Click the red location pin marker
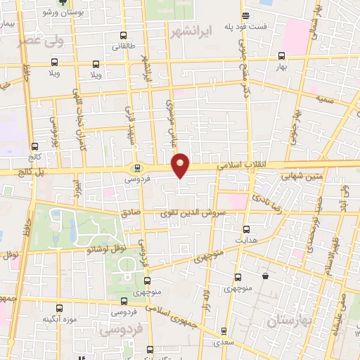[x=181, y=165]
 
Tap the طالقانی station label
[x=124, y=47]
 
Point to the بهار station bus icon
[x=282, y=56]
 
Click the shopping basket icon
[x=265, y=277]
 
